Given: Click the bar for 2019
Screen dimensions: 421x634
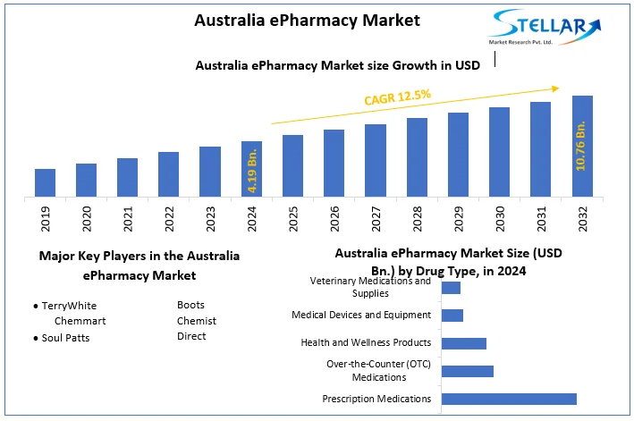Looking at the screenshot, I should (45, 182).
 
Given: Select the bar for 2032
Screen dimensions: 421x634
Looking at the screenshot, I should (582, 146).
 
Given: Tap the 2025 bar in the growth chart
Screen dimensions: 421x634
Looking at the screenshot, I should (292, 165).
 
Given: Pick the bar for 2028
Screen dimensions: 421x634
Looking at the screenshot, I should (417, 157).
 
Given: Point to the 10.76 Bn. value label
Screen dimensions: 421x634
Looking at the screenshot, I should (582, 147).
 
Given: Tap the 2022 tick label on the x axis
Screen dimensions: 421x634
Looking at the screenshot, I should (169, 218).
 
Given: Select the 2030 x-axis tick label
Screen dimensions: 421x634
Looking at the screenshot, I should (500, 218).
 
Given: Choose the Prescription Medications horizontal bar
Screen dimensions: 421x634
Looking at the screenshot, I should (509, 399).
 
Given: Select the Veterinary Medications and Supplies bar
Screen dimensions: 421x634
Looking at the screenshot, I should (451, 288).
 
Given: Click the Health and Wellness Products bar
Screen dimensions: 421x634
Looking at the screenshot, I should (464, 343).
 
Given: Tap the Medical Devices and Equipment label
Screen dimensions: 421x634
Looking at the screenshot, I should (361, 315).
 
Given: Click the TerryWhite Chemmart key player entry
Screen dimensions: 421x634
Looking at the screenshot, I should (76, 312).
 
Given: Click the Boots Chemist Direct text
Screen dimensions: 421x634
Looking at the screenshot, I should (196, 320).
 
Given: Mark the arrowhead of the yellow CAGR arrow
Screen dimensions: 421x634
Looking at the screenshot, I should (555, 88).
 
